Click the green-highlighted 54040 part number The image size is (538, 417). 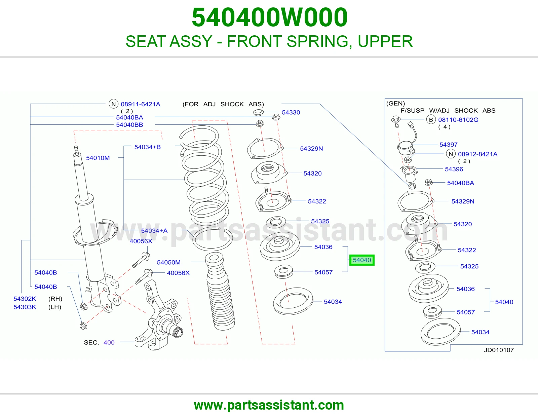coord(362,260)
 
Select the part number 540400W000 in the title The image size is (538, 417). coord(270,17)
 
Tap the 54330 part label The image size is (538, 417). coord(291,112)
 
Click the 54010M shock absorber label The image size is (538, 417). coord(98,158)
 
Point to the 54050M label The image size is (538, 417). coord(168,262)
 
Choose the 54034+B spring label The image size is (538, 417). coord(148,147)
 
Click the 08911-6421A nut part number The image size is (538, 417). coord(140,104)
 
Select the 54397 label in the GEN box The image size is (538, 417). coord(448,145)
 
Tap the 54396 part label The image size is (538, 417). coord(454,169)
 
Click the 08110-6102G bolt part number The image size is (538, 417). coord(458,120)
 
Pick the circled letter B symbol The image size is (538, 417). coord(431,120)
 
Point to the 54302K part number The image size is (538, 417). coord(25,299)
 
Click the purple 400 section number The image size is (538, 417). coord(109,342)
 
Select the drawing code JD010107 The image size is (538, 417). coord(499,350)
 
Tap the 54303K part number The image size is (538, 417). coord(25,307)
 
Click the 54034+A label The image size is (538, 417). coord(154,231)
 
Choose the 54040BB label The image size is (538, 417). coord(129,125)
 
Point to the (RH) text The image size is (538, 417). coord(55,299)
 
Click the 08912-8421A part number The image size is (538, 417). coord(477,154)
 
